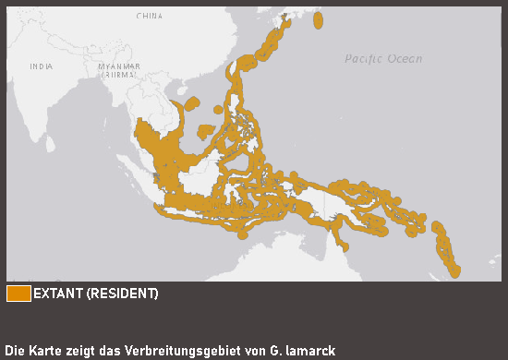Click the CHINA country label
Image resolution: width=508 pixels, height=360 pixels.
(149, 16)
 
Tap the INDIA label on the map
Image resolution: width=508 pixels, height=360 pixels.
(41, 66)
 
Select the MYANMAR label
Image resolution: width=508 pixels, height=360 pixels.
(120, 66)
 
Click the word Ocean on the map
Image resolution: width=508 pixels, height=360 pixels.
(405, 59)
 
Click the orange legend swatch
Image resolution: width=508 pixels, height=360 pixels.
(18, 294)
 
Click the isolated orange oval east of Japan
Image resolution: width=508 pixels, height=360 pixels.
(318, 20)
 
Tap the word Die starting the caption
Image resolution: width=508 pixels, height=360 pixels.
(16, 351)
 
